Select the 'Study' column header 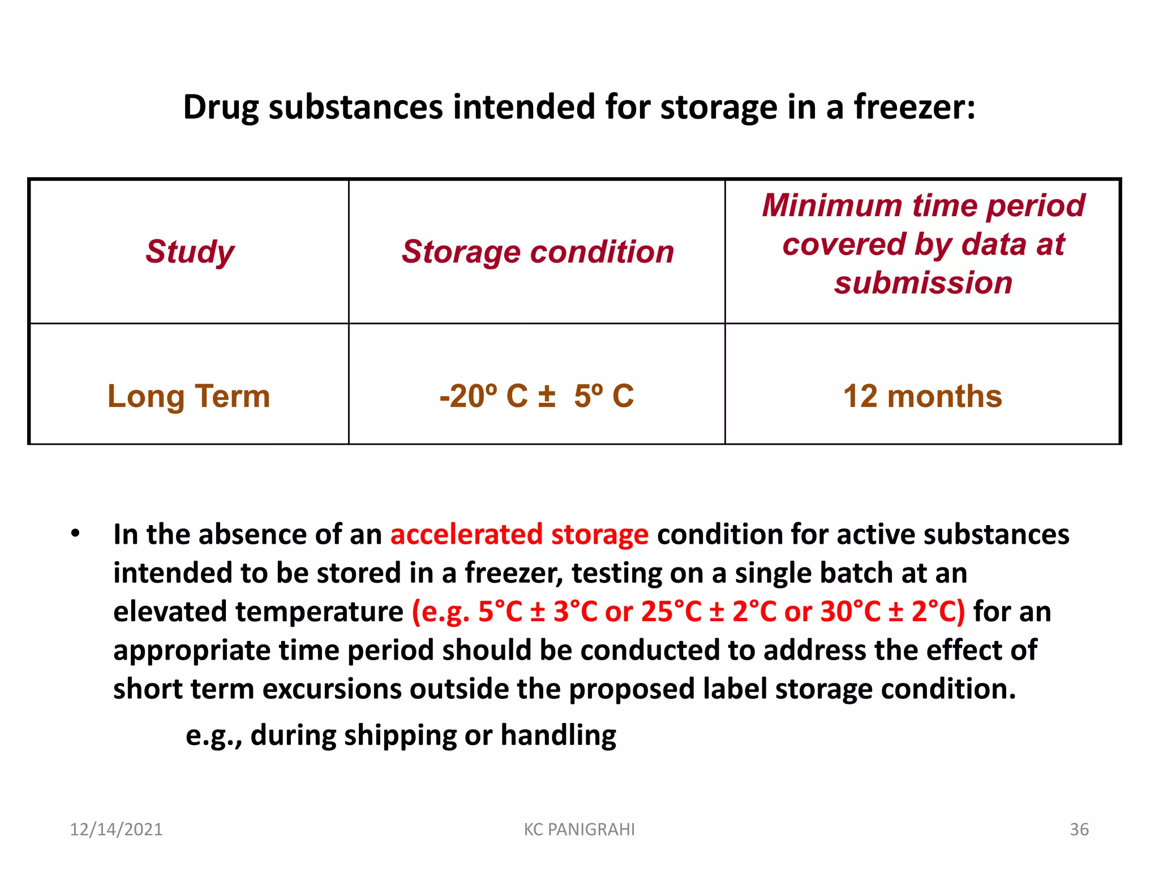pyautogui.click(x=190, y=251)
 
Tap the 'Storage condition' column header pyautogui.click(x=538, y=251)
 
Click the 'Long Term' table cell pyautogui.click(x=188, y=396)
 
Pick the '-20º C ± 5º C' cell pyautogui.click(x=536, y=396)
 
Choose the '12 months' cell pyautogui.click(x=922, y=396)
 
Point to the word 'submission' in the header pyautogui.click(x=923, y=282)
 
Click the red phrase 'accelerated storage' pyautogui.click(x=519, y=535)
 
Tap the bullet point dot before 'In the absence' pyautogui.click(x=75, y=534)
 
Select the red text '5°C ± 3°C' pyautogui.click(x=538, y=612)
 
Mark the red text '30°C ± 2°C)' pyautogui.click(x=892, y=612)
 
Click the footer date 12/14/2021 pyautogui.click(x=116, y=829)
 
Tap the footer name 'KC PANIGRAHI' pyautogui.click(x=579, y=829)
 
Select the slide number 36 pyautogui.click(x=1079, y=829)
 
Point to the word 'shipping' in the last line pyautogui.click(x=400, y=735)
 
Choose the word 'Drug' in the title pyautogui.click(x=221, y=107)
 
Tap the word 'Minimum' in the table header pyautogui.click(x=832, y=205)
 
